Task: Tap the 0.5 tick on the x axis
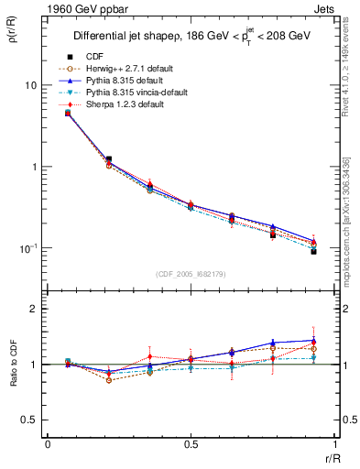190,444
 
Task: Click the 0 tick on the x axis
48,444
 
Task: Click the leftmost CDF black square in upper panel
68,113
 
